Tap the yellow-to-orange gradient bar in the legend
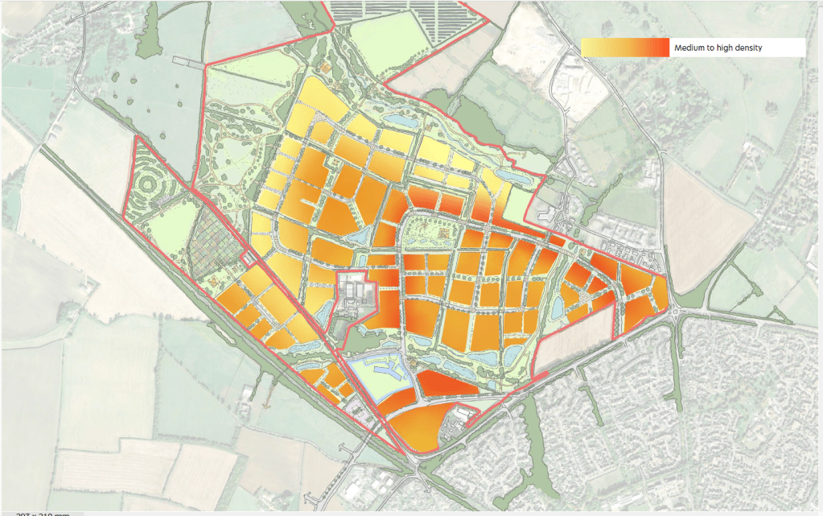pos(625,48)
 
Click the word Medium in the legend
pos(690,48)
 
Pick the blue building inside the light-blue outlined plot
pos(381,374)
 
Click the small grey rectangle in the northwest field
pos(188,61)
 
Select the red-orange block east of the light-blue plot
pos(446,382)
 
